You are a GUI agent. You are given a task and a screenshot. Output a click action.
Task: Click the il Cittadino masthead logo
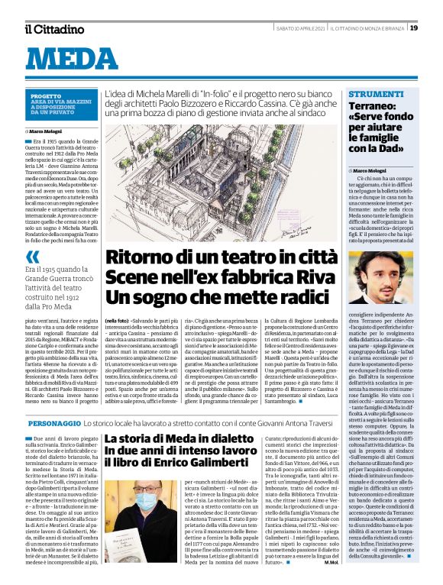click(x=53, y=29)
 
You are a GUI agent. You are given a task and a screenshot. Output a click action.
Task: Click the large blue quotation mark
click(x=32, y=236)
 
